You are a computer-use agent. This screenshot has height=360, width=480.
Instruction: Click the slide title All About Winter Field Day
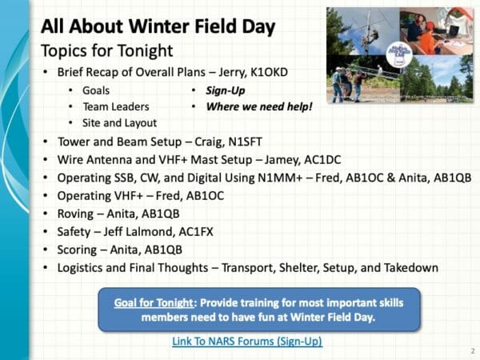coord(158,26)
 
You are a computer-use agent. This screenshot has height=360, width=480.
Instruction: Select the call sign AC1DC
coord(306,159)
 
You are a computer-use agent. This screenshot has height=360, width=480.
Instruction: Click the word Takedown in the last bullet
coord(406,266)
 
